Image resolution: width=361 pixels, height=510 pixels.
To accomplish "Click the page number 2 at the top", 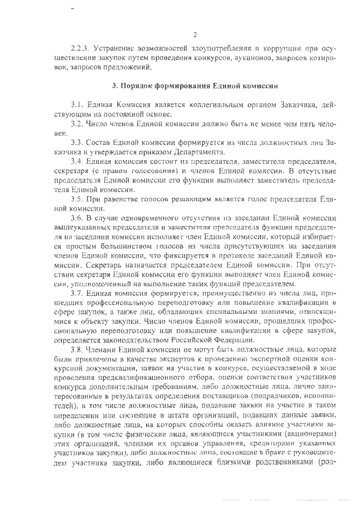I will tap(193, 34).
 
